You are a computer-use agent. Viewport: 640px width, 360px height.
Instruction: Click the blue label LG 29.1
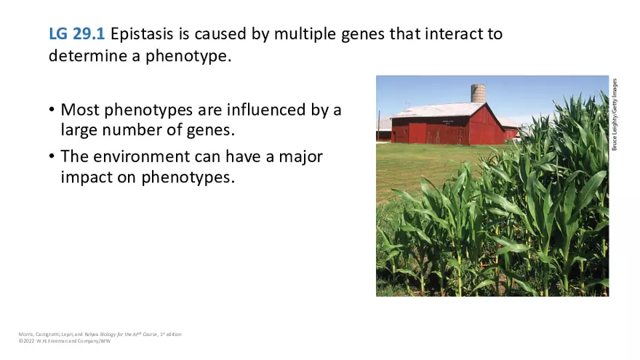point(76,34)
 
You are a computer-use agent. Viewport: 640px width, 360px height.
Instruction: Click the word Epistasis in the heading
point(143,34)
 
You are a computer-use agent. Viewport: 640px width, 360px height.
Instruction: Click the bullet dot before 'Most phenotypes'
point(52,111)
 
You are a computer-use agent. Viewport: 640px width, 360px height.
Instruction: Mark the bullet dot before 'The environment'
point(52,156)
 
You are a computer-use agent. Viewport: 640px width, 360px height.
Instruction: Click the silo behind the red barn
point(478,93)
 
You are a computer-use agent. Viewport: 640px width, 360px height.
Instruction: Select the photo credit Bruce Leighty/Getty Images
point(615,113)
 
